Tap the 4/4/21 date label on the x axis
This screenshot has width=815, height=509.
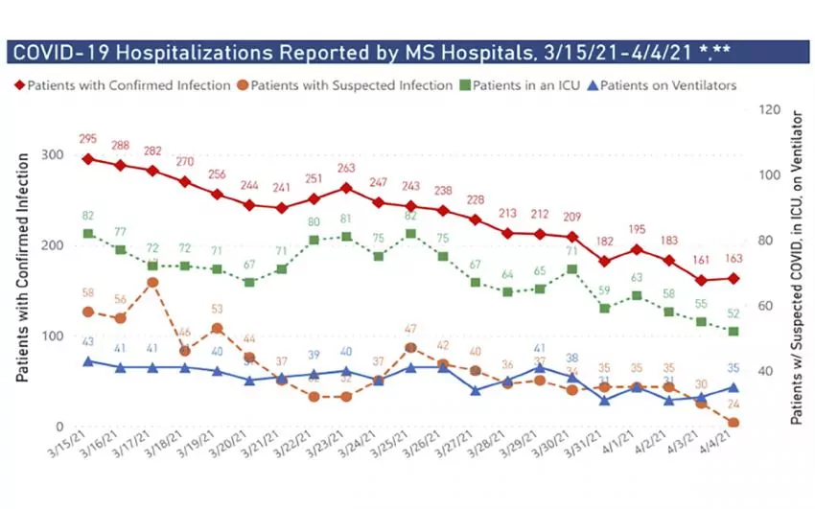[723, 451]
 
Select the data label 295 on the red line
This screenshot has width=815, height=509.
[88, 140]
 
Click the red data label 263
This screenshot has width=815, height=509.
[347, 169]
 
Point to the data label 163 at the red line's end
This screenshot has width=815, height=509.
[734, 259]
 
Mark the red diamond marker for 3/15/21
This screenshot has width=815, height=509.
[88, 159]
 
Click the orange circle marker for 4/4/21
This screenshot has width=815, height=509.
[733, 423]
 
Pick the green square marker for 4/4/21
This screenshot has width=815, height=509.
[733, 332]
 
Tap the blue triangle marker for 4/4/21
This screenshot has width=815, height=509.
[733, 388]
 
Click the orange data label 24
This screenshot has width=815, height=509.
[733, 404]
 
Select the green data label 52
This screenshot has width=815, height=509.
[733, 312]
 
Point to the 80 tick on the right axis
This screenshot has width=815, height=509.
[767, 241]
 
